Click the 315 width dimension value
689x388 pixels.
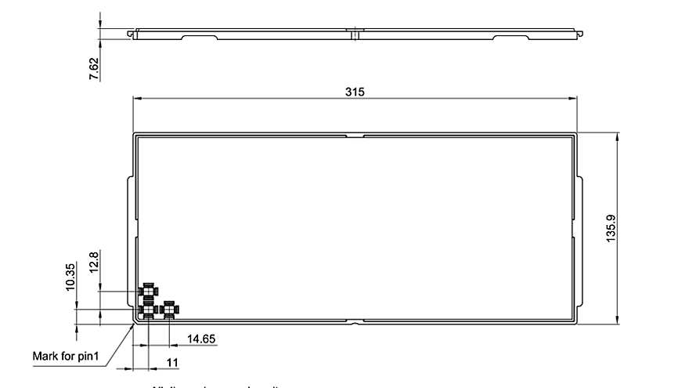click(355, 92)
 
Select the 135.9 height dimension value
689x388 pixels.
click(611, 227)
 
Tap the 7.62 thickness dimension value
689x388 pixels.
click(94, 68)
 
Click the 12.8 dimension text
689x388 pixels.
click(94, 262)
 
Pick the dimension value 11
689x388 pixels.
click(173, 362)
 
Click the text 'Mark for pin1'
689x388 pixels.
click(66, 357)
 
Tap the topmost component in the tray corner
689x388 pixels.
click(147, 292)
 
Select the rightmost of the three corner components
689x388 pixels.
click(168, 310)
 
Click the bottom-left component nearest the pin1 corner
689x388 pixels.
click(147, 310)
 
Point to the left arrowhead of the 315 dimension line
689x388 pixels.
click(135, 98)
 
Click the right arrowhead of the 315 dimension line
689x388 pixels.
click(574, 98)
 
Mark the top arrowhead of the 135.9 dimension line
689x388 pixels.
click(619, 136)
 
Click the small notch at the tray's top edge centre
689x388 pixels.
click(355, 136)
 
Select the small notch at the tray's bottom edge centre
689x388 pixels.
click(355, 321)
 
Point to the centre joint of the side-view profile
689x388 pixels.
click(355, 34)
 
